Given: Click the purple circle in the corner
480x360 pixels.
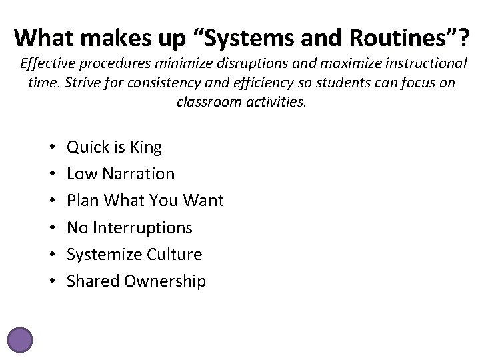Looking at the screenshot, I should [19, 339].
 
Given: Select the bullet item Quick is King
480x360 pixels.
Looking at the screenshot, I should [114, 147].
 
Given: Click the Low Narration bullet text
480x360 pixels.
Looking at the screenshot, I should [121, 174].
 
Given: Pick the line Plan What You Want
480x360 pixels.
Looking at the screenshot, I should [145, 201].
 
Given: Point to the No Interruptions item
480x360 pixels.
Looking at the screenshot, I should [130, 228].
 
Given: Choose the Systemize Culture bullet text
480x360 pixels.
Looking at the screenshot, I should [135, 255].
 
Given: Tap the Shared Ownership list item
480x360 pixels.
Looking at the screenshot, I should [137, 281].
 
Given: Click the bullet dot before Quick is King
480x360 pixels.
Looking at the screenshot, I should [51, 147].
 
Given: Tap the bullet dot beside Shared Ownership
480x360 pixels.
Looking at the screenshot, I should [51, 281].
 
